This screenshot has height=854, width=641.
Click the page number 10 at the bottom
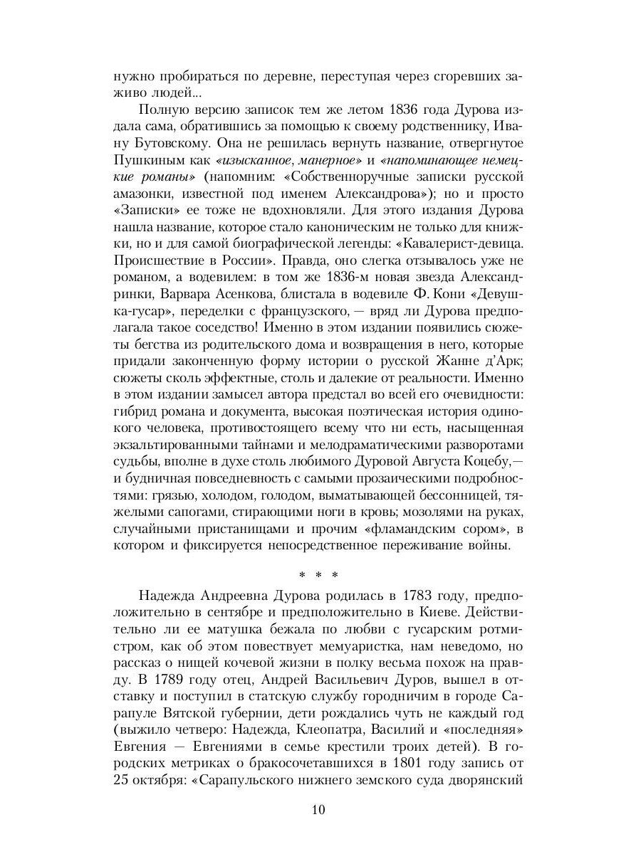[319, 809]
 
